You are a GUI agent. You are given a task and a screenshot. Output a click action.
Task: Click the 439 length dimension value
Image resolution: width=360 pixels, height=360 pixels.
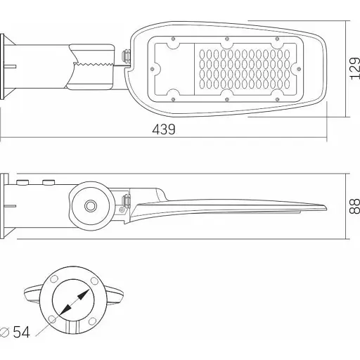click(163, 130)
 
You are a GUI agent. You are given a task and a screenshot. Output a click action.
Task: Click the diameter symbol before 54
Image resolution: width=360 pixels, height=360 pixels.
click(6, 332)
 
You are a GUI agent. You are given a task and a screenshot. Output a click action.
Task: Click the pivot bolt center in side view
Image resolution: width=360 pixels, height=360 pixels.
click(90, 205)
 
